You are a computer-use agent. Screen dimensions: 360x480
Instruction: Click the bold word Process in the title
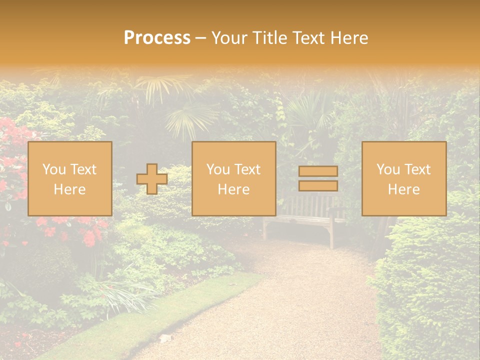coord(157,38)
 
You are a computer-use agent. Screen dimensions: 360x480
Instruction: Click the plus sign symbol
coord(151,178)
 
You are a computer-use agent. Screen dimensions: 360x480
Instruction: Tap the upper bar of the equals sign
coord(318,171)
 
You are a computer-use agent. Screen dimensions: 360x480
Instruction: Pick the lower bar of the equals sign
coord(318,186)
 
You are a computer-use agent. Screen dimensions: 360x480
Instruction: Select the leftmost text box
coord(69,178)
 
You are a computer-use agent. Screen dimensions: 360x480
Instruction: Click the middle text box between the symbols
coord(233,178)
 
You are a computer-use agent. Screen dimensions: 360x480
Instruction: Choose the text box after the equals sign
coord(403,178)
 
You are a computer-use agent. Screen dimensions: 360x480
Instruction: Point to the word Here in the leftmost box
coord(69,189)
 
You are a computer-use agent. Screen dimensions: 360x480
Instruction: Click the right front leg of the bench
coord(331,235)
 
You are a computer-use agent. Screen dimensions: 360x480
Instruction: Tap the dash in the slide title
coord(200,38)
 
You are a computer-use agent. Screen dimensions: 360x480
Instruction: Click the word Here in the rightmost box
coord(403,189)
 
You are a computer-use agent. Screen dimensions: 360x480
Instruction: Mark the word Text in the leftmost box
coord(83,169)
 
